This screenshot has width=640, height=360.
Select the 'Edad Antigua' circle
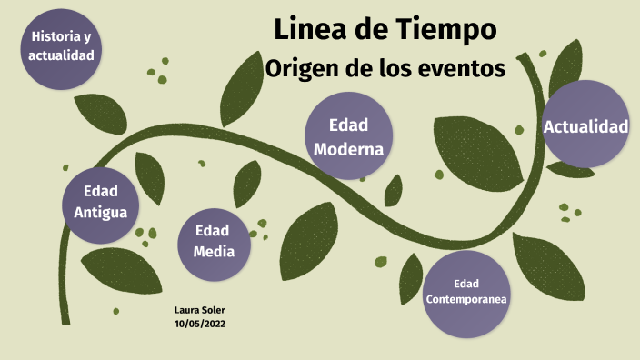coord(100,202)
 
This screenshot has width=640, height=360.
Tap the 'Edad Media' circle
coord(214,242)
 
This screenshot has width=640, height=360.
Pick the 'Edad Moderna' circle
coord(348,136)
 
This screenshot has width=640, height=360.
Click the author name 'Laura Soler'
coord(199,310)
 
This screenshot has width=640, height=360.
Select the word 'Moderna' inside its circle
coord(348,148)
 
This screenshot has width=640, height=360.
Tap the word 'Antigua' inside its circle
coord(100,213)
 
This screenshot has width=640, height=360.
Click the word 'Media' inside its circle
coord(214,252)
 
